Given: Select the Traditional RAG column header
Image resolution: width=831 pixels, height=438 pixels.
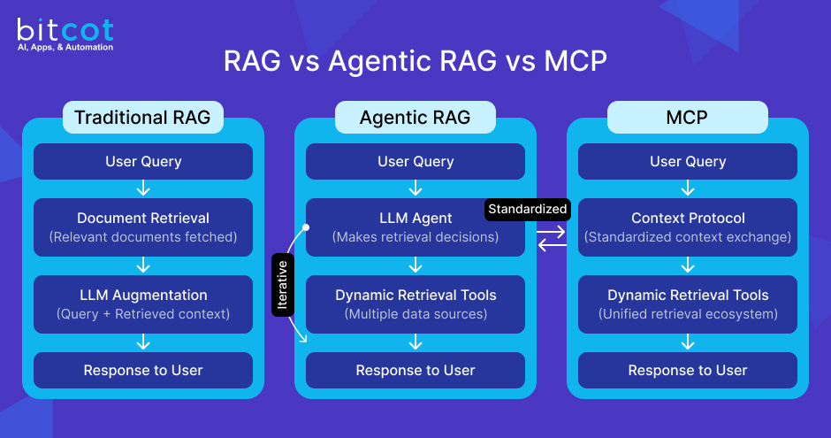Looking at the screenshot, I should (x=142, y=118).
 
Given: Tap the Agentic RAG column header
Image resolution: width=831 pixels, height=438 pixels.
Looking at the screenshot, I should (x=415, y=118).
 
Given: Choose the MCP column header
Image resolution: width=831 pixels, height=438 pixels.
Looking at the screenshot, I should (x=687, y=118).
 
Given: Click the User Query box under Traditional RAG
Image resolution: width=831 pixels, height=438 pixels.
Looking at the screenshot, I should (x=143, y=162).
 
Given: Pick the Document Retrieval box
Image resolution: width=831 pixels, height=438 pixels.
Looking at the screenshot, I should (x=143, y=227).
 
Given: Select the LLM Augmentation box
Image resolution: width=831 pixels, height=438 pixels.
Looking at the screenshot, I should (x=143, y=304).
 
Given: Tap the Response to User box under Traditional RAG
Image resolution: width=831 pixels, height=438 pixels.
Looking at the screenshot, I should (x=143, y=371).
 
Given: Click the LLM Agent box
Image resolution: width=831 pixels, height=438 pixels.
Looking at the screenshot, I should (x=415, y=227).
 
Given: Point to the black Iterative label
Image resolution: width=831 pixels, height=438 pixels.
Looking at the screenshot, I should (x=282, y=284).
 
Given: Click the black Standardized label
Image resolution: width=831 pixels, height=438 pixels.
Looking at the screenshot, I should (x=528, y=210).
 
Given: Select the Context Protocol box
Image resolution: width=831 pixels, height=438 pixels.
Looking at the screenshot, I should (x=688, y=227).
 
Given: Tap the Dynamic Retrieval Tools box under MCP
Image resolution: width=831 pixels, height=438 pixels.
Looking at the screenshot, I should (x=688, y=304).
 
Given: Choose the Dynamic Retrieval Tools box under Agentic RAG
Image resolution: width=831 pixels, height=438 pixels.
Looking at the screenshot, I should (x=415, y=304).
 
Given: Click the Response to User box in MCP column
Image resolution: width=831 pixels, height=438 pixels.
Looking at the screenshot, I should (x=688, y=371).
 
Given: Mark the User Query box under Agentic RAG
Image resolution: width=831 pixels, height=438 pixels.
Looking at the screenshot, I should (x=415, y=162).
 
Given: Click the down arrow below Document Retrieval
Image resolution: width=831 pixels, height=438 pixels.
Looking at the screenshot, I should (x=143, y=265).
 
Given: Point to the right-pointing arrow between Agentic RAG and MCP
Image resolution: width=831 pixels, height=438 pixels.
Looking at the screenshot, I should (x=551, y=231).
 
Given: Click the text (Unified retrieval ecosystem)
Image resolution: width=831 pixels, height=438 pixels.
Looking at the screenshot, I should (x=688, y=313).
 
